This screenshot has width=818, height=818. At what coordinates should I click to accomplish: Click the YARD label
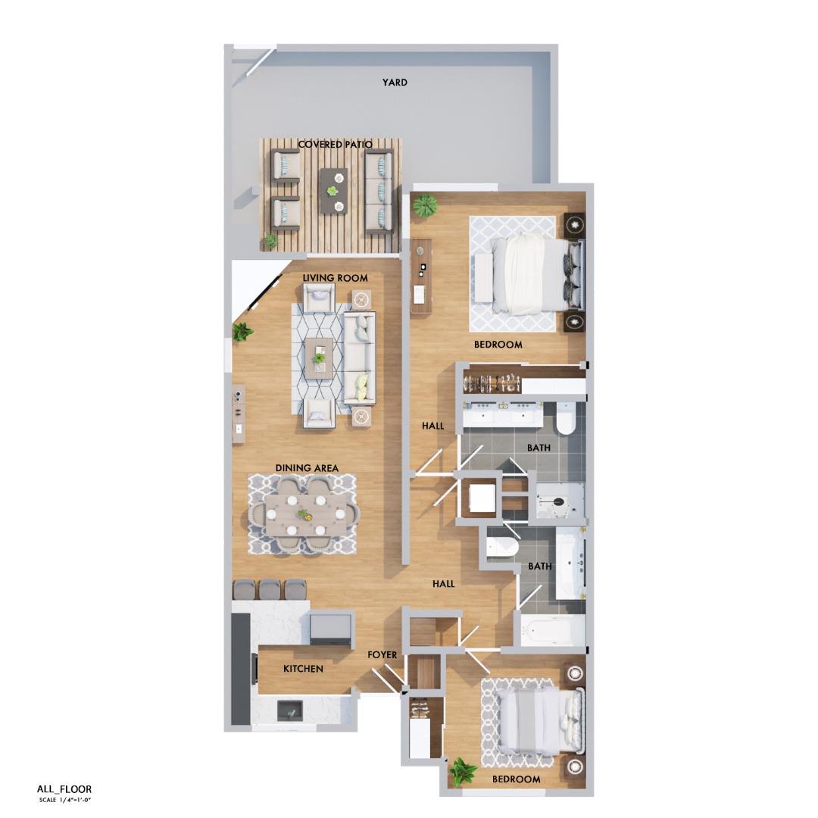point(395,83)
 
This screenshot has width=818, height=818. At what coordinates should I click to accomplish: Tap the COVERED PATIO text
point(335,144)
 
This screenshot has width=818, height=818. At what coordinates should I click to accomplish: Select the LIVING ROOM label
point(335,278)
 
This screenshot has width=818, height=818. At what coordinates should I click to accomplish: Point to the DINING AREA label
point(307,468)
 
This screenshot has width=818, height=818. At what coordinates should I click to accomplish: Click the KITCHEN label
point(303,669)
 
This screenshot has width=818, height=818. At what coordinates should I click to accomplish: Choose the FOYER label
point(382,655)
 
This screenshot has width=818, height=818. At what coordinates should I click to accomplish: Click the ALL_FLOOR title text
point(64,789)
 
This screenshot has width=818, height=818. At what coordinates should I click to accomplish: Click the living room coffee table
point(320,355)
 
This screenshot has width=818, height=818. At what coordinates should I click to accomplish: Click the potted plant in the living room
point(243,331)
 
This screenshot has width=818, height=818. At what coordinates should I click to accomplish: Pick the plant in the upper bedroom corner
point(426,204)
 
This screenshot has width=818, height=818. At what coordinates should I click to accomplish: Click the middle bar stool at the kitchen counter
point(270,590)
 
